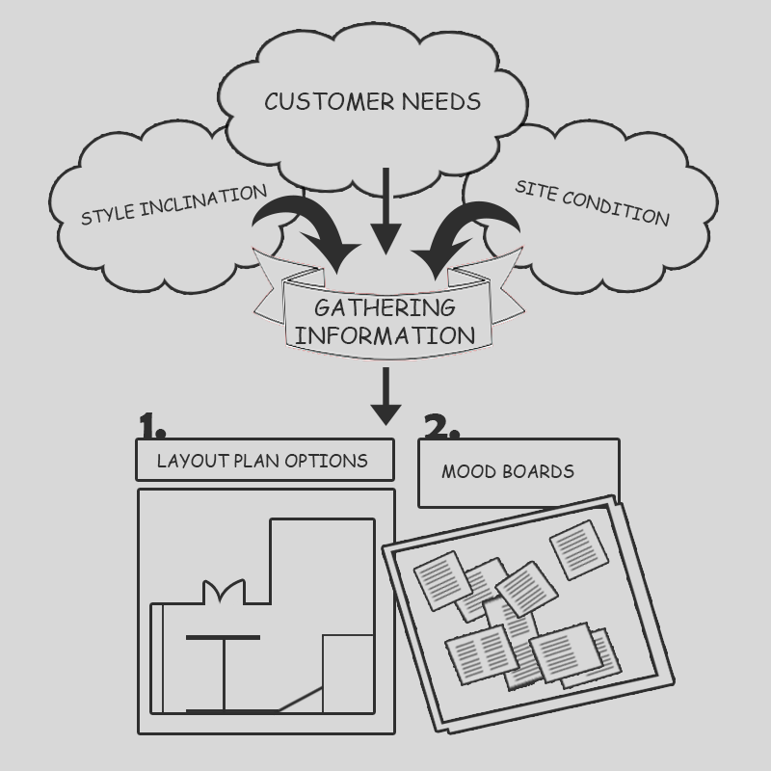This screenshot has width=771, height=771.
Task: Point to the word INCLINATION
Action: tap(203, 199)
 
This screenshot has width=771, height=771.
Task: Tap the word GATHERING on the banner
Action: tap(385, 308)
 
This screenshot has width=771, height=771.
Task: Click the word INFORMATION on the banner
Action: tap(385, 335)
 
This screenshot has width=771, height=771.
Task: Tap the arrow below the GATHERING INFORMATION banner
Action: tap(385, 395)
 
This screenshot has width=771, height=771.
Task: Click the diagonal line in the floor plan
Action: tap(300, 699)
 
